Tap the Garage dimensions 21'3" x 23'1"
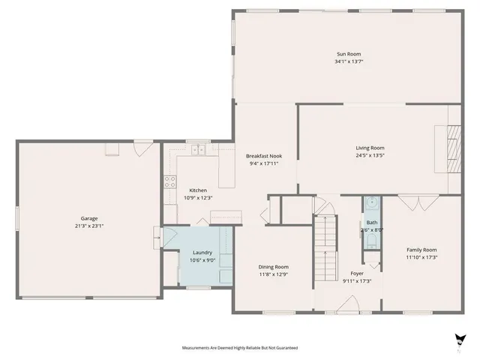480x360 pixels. click(x=88, y=225)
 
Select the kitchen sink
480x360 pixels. click(x=198, y=150)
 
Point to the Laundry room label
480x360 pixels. click(x=202, y=253)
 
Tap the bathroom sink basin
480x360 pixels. click(x=372, y=202)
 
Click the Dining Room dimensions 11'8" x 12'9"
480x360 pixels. click(x=273, y=274)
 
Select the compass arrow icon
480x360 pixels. click(x=459, y=339)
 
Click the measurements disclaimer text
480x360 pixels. click(x=239, y=348)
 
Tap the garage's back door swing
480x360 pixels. click(x=139, y=147)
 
